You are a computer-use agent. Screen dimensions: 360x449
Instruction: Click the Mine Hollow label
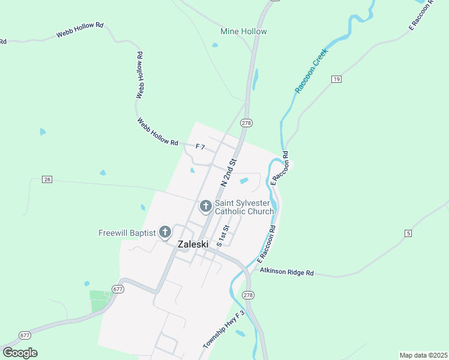tap(243, 31)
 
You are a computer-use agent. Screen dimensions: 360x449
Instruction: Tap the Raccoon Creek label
tap(312, 70)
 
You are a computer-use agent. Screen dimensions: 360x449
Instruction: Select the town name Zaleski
tap(193, 245)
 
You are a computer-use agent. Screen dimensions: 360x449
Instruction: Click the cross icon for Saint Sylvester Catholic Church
tap(205, 207)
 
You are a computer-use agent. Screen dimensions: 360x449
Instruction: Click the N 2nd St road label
tap(229, 172)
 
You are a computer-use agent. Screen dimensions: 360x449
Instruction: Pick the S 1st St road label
tap(223, 236)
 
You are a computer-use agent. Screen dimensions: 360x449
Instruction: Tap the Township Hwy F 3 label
tap(224, 330)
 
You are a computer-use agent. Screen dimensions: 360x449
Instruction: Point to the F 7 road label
tap(200, 146)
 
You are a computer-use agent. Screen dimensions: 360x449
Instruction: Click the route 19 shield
tap(336, 79)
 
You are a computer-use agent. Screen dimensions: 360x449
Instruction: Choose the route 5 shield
tap(408, 233)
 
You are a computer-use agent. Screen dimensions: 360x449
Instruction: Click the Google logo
tap(20, 352)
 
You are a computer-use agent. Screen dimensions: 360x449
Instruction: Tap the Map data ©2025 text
tap(423, 355)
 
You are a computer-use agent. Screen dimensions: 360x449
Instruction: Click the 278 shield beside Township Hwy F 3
tap(249, 296)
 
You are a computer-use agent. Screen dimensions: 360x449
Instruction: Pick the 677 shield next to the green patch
tap(118, 289)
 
